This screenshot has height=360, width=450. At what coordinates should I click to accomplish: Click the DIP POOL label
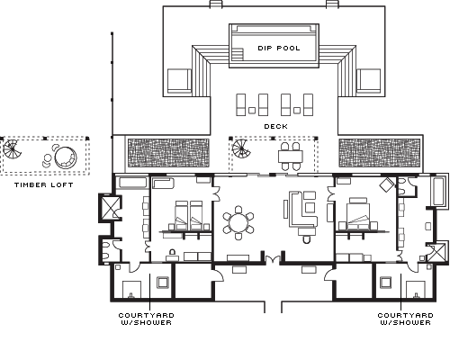click(x=279, y=48)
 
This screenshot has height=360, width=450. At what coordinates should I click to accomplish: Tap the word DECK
click(x=275, y=127)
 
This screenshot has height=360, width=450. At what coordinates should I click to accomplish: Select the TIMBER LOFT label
click(x=44, y=184)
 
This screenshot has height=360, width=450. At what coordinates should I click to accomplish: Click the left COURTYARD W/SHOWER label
click(x=147, y=319)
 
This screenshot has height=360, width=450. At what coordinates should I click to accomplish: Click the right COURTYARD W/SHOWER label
click(x=406, y=319)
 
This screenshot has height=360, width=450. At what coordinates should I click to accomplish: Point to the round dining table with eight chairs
click(x=238, y=222)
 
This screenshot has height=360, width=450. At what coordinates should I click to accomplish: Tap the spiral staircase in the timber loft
click(x=13, y=149)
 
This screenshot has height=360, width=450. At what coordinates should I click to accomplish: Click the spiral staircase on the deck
click(x=241, y=149)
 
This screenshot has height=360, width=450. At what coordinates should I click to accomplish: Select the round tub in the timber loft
click(x=66, y=157)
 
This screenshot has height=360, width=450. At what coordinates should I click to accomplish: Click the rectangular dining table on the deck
click(x=290, y=157)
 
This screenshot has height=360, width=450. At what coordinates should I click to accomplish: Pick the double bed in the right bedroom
click(x=358, y=213)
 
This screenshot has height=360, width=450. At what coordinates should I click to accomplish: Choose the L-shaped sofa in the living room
click(x=302, y=210)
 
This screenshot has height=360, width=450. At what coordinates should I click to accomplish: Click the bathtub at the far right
click(x=439, y=192)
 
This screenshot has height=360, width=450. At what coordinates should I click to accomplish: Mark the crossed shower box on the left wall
click(x=110, y=208)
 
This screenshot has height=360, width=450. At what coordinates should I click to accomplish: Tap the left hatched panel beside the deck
click(x=168, y=153)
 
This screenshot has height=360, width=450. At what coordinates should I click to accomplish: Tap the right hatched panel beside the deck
click(x=380, y=153)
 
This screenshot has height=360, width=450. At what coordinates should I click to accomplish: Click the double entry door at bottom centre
click(x=273, y=259)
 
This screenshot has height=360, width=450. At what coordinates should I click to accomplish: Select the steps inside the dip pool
click(x=238, y=54)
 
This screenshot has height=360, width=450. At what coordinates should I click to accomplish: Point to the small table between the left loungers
click(x=252, y=111)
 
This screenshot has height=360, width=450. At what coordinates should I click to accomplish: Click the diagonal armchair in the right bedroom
click(x=387, y=184)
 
